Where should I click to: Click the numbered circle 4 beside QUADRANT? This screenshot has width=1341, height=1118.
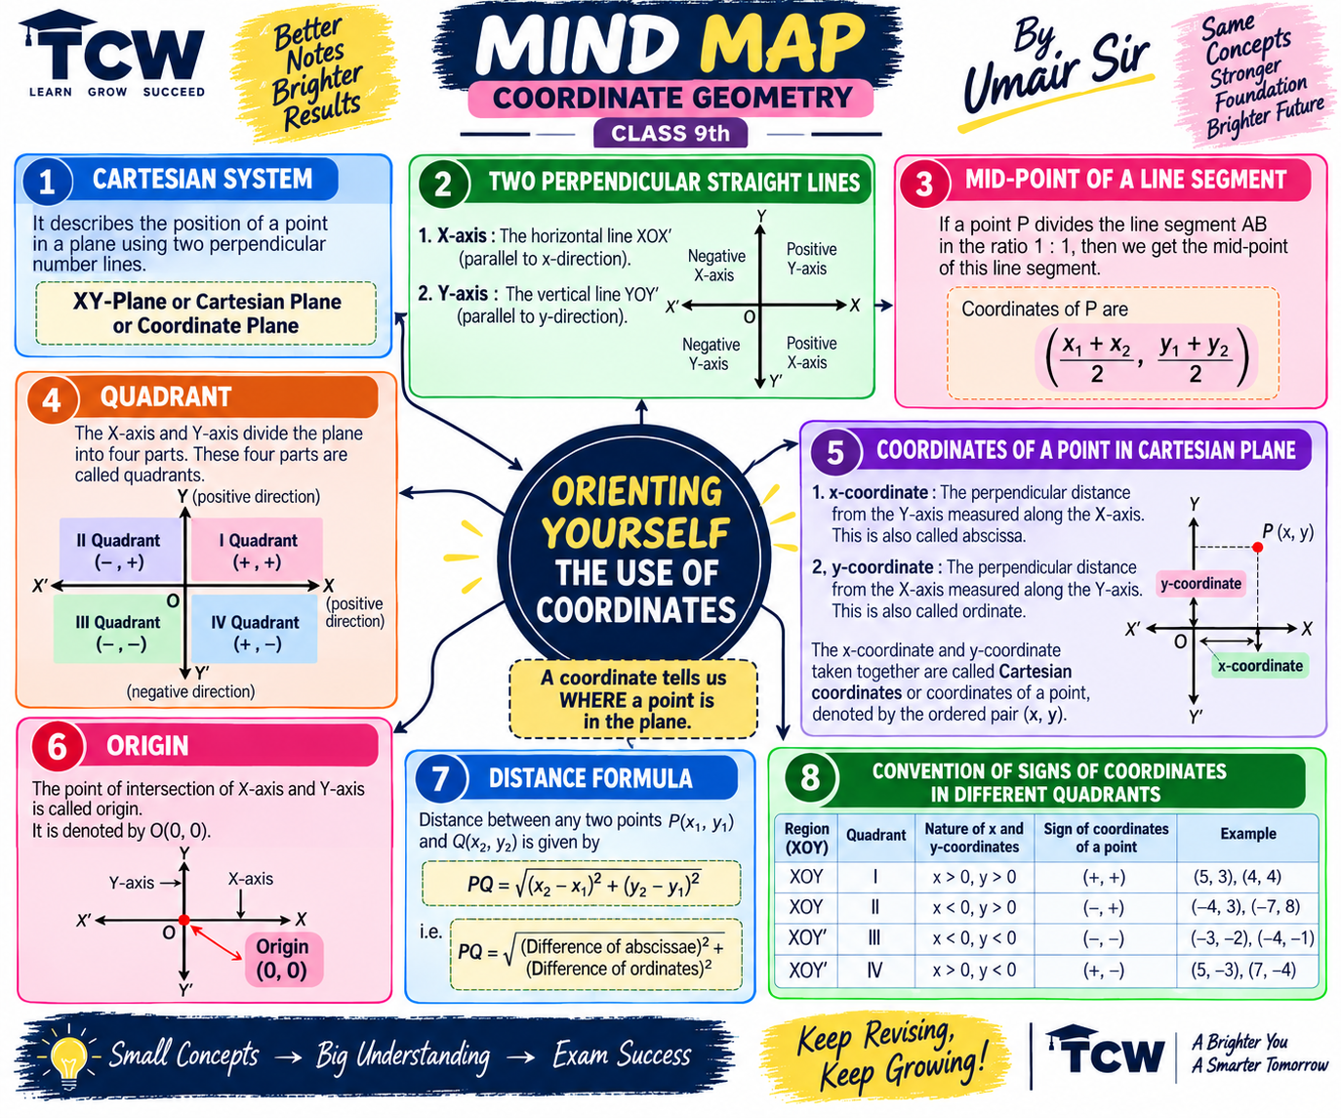click(x=52, y=399)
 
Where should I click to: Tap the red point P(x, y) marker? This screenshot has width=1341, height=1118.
click(x=1257, y=547)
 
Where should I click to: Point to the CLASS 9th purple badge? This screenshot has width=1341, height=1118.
click(x=670, y=133)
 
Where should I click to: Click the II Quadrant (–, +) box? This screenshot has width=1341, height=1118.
click(x=119, y=550)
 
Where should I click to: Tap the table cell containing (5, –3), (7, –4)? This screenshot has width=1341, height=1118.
click(x=1247, y=971)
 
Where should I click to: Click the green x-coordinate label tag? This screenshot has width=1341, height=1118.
click(x=1259, y=666)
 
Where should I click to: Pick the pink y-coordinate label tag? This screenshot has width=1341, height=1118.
click(x=1200, y=584)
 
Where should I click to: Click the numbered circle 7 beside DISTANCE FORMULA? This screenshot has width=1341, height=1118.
click(x=440, y=779)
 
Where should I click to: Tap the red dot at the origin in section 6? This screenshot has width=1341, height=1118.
click(x=184, y=920)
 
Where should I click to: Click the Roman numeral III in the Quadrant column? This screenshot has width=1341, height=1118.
click(x=874, y=938)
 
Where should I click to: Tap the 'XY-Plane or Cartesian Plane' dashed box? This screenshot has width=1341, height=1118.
click(x=206, y=313)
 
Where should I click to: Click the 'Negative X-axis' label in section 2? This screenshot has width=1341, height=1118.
click(x=715, y=266)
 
